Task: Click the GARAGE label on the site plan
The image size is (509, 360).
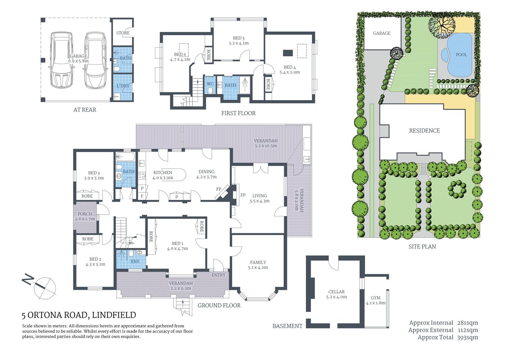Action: (x=382, y=33)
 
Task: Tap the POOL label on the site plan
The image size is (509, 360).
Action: (x=461, y=55)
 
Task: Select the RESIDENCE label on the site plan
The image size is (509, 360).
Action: (x=424, y=130)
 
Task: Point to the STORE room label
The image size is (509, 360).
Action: (x=123, y=33)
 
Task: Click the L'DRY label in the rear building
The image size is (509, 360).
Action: (x=123, y=86)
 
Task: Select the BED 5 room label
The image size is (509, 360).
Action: (x=238, y=38)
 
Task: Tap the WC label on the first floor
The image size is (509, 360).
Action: (x=210, y=84)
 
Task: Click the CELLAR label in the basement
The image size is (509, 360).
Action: (x=336, y=292)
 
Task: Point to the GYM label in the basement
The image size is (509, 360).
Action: (x=375, y=298)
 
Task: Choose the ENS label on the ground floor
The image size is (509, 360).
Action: (x=135, y=261)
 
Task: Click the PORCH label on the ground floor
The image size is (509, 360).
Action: (x=85, y=214)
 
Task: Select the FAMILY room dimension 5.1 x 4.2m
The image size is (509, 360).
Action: (x=258, y=267)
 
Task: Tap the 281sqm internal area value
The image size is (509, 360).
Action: (x=467, y=323)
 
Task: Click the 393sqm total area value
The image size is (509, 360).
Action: (x=467, y=337)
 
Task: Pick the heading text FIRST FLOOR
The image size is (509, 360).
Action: (x=238, y=113)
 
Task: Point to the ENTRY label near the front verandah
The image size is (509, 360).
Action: (x=219, y=275)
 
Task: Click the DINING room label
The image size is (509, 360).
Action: (x=207, y=172)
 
